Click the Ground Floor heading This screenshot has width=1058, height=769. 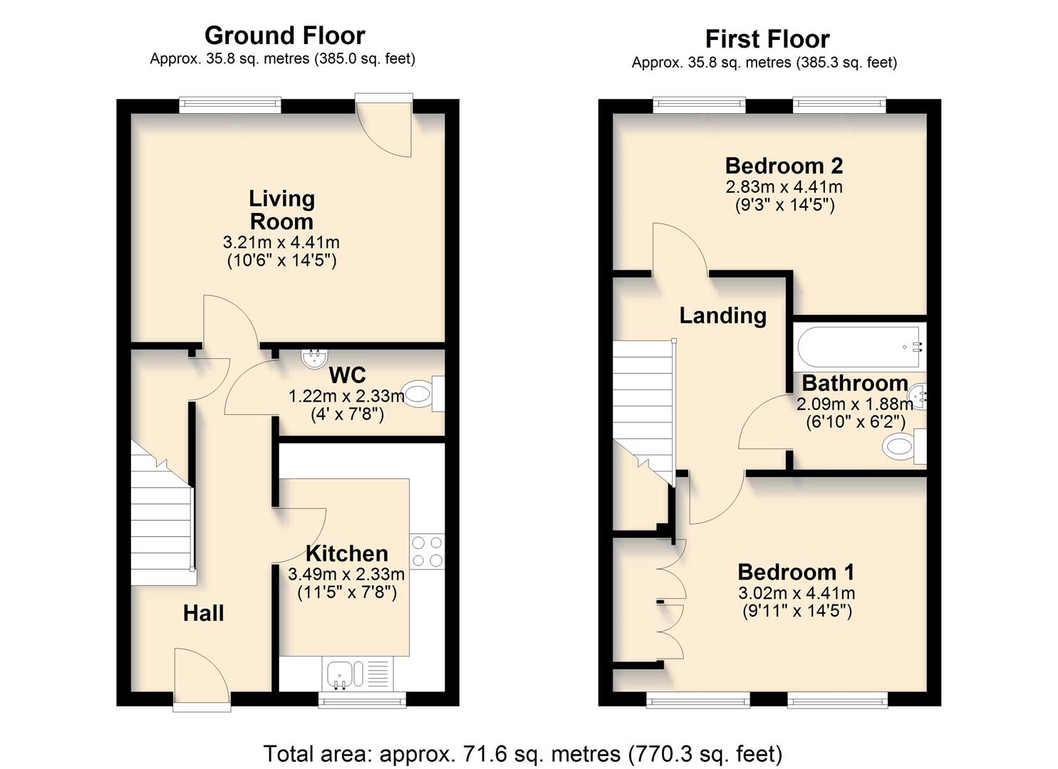pos(284,36)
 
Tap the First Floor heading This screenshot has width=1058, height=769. pos(767,39)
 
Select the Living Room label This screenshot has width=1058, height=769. pos(281,210)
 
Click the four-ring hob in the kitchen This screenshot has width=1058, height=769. pos(427,551)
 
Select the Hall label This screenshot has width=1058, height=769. pos(203,613)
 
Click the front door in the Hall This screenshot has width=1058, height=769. pos(202,680)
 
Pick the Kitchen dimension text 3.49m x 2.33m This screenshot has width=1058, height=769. pos(346,574)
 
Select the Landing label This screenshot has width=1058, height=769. pos(722,315)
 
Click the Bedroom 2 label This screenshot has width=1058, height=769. pos(784,166)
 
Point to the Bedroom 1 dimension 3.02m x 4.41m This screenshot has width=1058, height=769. pos(797,593)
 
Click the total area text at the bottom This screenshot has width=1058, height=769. pos(522,753)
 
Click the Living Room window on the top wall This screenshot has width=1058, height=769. pos(229,105)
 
